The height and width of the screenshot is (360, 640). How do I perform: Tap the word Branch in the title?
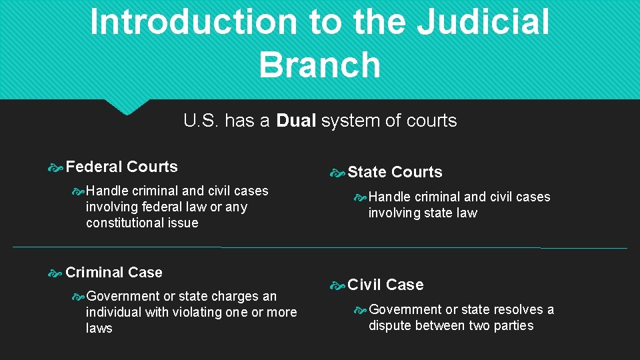319,65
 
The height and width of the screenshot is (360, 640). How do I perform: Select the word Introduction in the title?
193,21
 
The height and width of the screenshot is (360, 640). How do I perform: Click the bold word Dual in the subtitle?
296,121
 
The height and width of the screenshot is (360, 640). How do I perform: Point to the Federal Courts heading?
122,167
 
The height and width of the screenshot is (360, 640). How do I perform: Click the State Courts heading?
395,172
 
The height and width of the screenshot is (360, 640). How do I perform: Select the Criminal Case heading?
114,272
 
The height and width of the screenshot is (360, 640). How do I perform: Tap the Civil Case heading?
385,285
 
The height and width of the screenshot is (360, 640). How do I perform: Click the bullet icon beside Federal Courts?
56,167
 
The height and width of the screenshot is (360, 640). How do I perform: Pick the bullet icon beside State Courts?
337,173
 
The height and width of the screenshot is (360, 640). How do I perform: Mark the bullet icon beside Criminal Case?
56,273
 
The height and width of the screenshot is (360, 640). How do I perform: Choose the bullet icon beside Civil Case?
337,285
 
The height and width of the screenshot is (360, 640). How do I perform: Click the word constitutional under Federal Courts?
142,223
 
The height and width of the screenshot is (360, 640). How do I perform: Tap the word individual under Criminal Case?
113,312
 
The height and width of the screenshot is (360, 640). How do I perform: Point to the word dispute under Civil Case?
389,325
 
